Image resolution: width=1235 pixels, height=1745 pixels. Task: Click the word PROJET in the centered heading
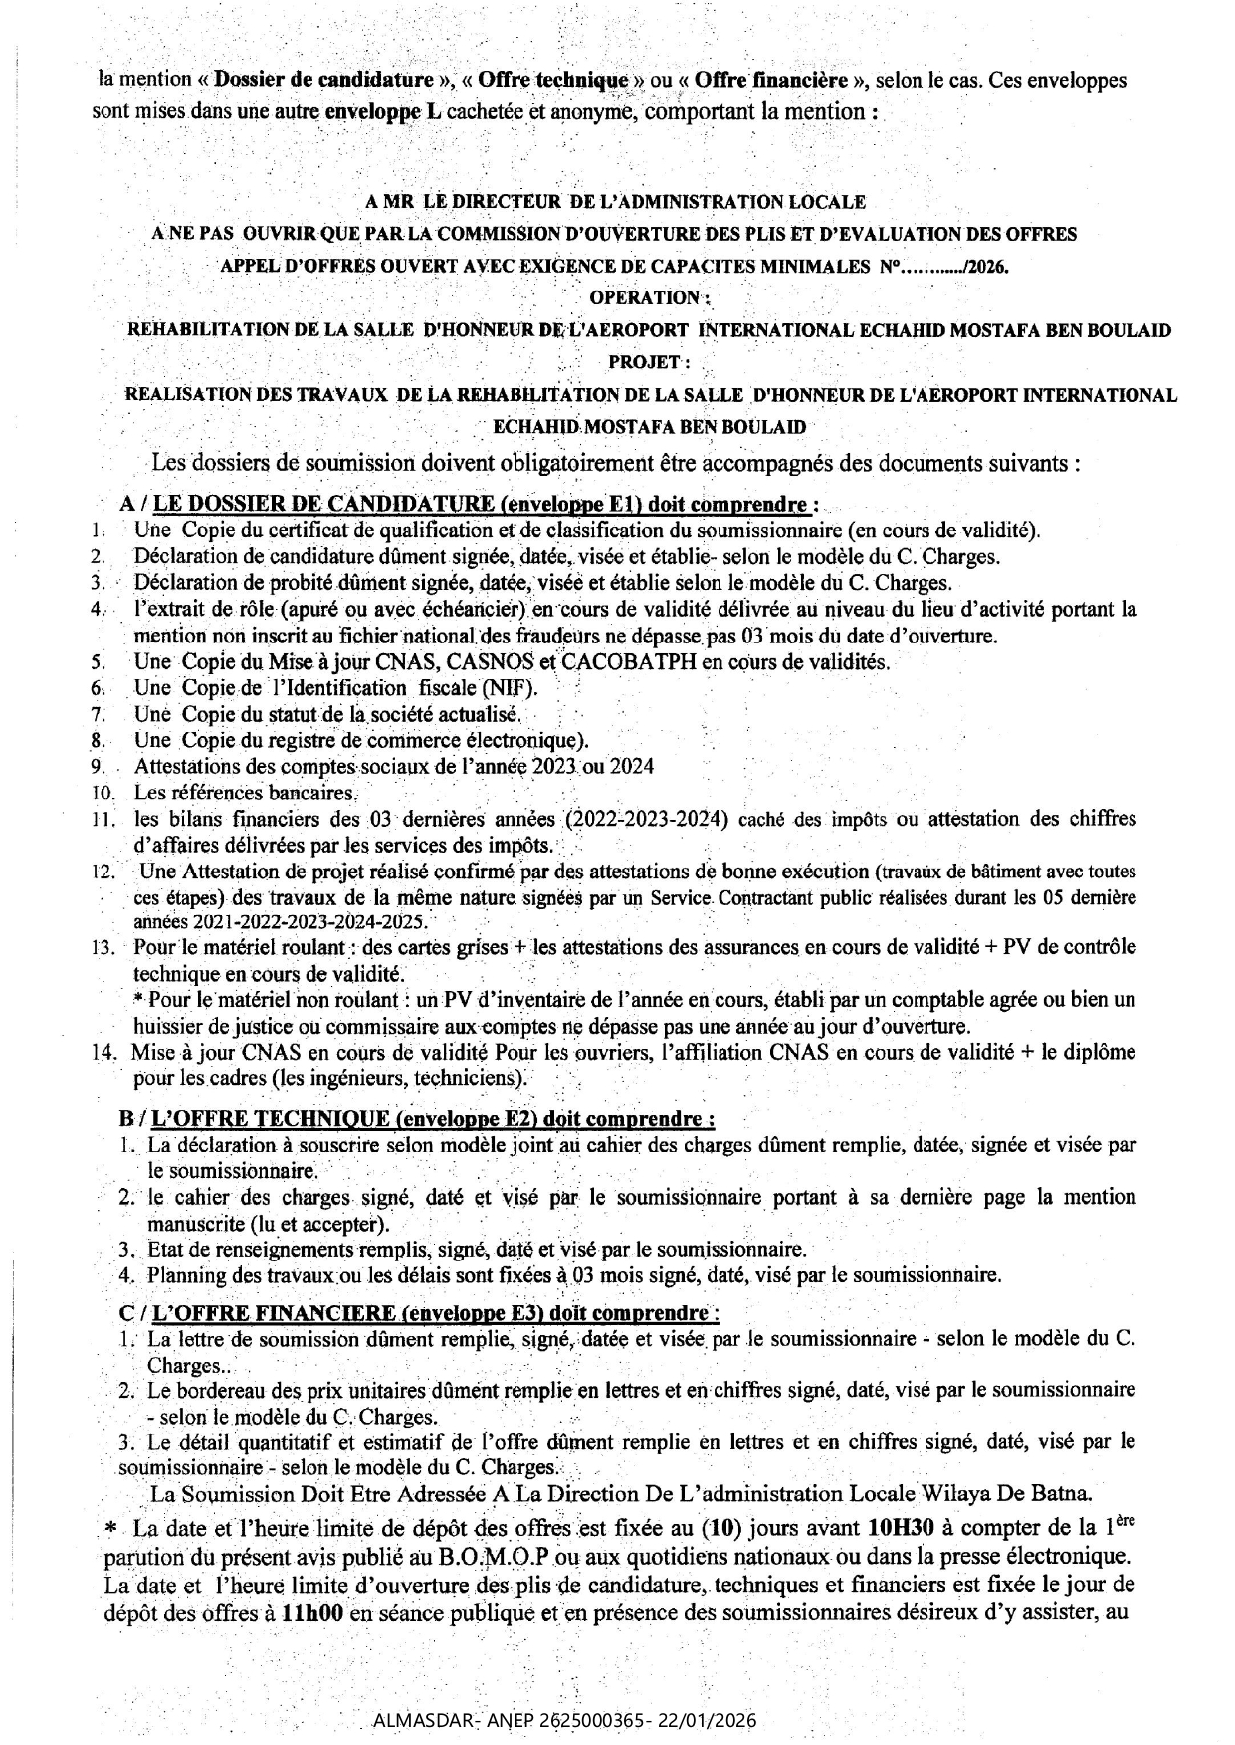646,362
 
